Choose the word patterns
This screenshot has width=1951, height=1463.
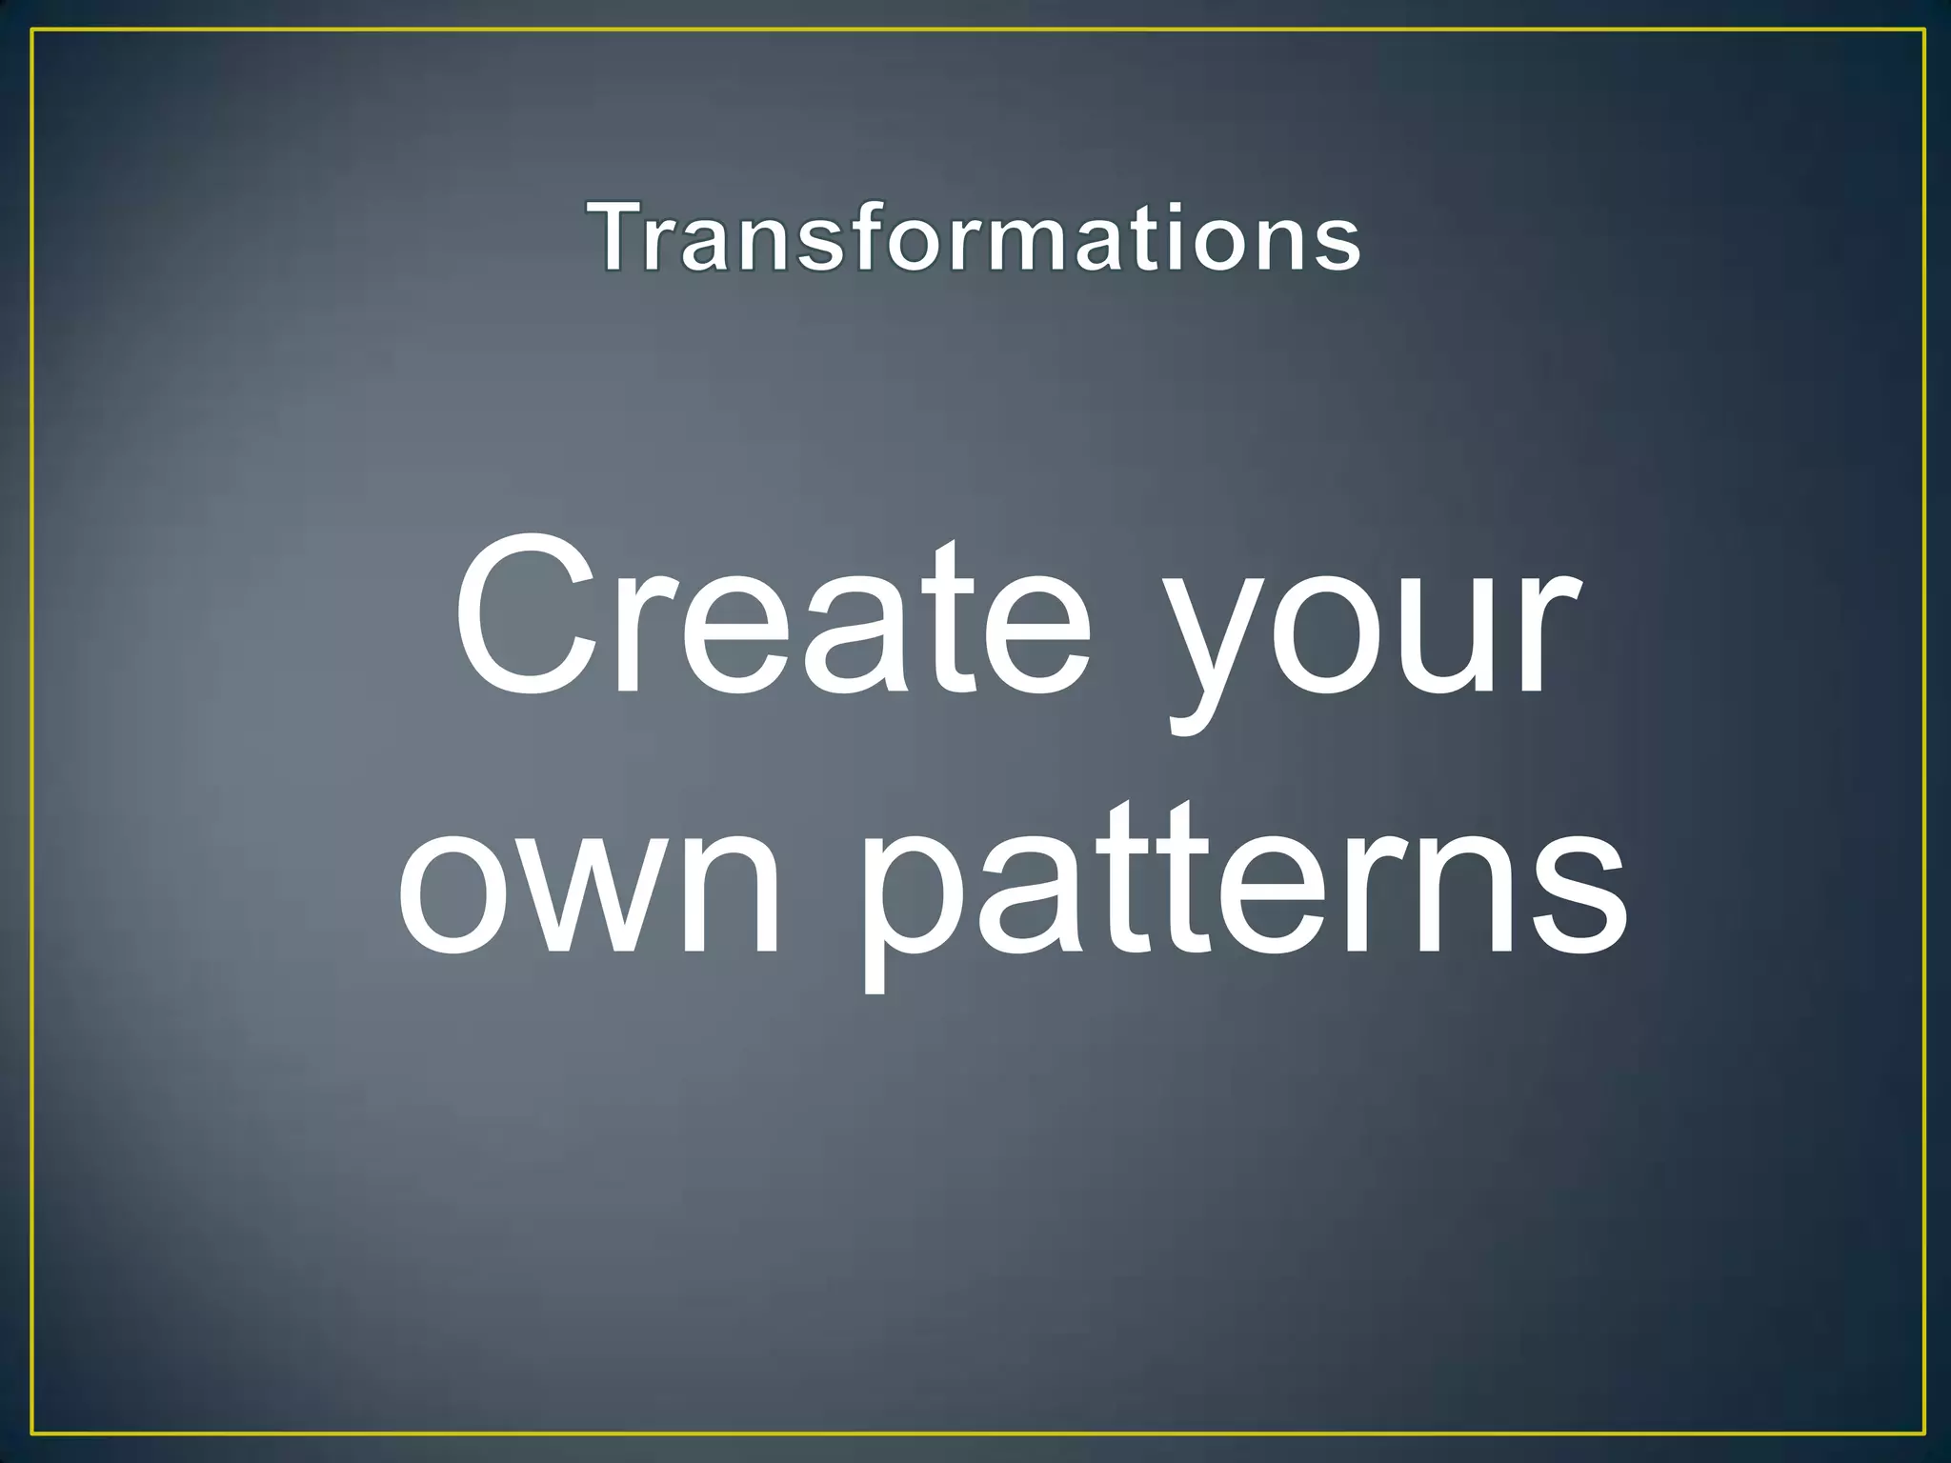click(1243, 895)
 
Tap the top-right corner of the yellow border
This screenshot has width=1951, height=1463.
click(1924, 30)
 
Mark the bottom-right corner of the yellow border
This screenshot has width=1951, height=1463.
click(1924, 1433)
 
